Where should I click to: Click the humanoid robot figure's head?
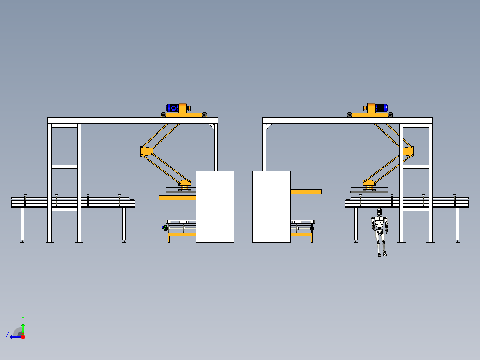click(379, 212)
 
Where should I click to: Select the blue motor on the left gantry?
click(172, 108)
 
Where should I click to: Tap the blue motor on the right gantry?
click(382, 108)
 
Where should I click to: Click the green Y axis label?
click(23, 319)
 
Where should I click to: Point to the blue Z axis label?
click(7, 335)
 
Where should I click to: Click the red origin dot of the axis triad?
click(23, 337)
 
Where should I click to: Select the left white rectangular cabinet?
click(215, 207)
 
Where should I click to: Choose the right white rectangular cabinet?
click(271, 207)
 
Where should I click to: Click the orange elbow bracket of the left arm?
click(147, 151)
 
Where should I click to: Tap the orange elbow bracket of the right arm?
click(408, 151)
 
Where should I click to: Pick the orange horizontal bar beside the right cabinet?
click(306, 192)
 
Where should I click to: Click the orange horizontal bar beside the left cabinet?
click(177, 198)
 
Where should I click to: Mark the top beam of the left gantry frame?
click(133, 120)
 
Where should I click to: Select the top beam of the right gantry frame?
click(347, 120)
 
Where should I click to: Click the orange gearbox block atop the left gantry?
click(182, 108)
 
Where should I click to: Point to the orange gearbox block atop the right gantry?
click(371, 108)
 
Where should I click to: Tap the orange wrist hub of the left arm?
click(185, 184)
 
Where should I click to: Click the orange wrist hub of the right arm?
click(369, 184)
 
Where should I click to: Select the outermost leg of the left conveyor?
click(23, 224)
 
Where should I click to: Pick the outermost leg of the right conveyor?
click(457, 224)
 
